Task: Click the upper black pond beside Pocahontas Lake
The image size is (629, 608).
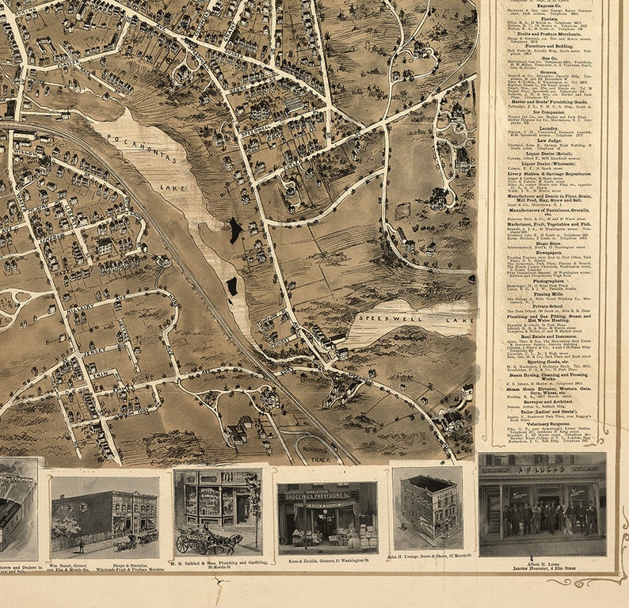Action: [x=235, y=230]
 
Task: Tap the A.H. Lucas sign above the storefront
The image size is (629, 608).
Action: [x=543, y=469]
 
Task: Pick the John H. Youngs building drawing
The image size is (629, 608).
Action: [x=427, y=507]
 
